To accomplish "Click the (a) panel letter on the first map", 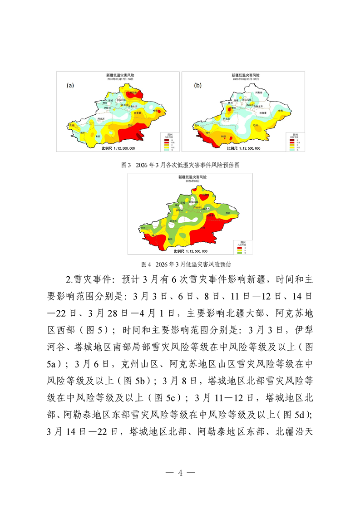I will [x=70, y=85].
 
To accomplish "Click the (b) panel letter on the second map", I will [x=197, y=85].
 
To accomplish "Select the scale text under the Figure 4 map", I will [x=191, y=251].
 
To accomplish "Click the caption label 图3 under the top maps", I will [x=126, y=165].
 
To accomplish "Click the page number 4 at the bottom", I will [x=180, y=472].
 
